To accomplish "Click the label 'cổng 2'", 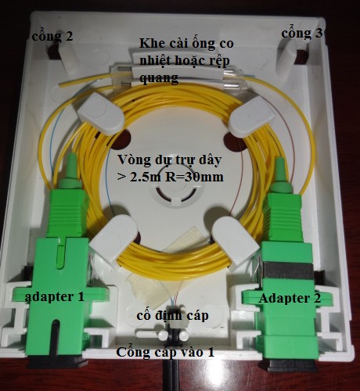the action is [52, 36].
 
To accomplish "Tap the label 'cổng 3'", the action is [302, 34].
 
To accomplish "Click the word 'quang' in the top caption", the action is [159, 77].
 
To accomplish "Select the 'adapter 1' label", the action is [55, 297].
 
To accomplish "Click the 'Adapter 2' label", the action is [290, 298].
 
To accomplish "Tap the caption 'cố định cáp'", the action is [172, 316].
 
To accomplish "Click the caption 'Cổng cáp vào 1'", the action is [165, 352].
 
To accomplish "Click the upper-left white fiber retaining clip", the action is [100, 113].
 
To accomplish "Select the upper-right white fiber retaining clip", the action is [251, 117].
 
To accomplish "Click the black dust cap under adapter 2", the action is [289, 364].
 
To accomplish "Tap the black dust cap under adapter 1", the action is [58, 362].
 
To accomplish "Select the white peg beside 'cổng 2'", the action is [67, 56].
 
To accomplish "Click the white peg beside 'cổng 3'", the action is [286, 56].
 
